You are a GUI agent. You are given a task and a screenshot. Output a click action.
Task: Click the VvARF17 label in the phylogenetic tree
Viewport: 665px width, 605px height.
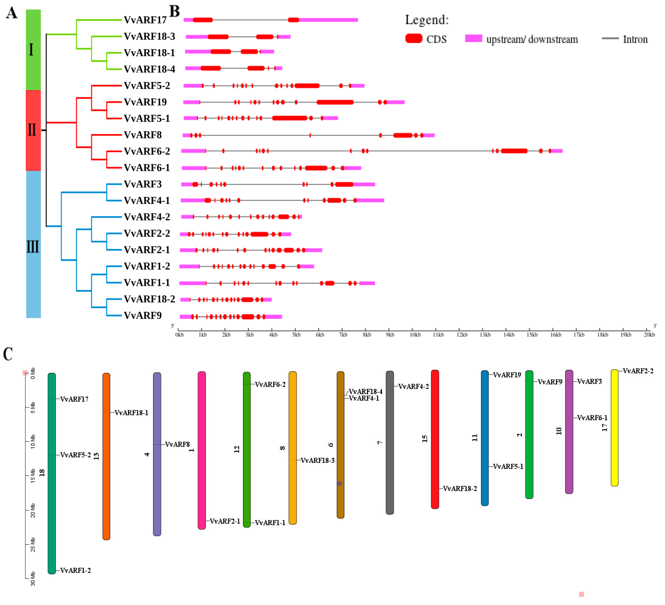point(145,20)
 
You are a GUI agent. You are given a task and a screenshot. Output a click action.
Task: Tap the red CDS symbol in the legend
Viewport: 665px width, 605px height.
point(414,39)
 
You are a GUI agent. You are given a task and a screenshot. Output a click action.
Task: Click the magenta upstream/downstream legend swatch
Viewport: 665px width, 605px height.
point(473,39)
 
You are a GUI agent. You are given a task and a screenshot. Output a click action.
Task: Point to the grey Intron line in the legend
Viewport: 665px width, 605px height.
point(610,39)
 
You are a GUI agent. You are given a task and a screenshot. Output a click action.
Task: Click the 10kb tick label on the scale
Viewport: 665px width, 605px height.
point(415,335)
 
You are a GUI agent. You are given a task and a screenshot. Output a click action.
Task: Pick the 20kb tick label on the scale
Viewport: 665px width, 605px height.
point(649,335)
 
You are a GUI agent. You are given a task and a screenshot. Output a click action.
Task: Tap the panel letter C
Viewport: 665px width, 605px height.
point(8,354)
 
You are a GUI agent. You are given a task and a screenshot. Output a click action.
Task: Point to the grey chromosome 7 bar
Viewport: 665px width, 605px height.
point(390,443)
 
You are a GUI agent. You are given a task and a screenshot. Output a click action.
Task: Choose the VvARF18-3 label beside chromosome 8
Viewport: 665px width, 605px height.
point(317,460)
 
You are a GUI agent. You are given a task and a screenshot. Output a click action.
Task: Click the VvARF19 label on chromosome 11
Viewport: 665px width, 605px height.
point(507,375)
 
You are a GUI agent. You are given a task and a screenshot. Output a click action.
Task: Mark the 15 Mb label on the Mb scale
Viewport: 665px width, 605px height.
point(33,475)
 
